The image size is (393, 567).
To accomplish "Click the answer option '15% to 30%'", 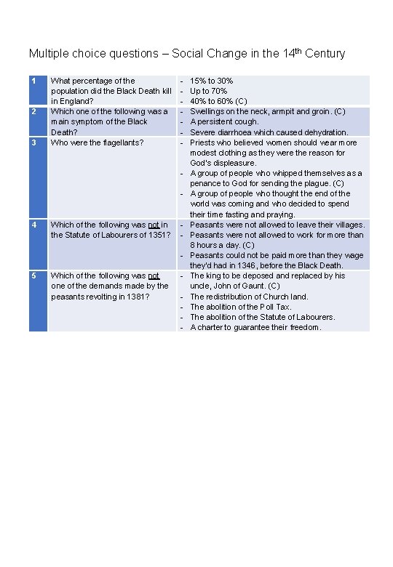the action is point(211,81).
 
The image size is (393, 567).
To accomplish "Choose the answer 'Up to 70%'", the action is point(208,91).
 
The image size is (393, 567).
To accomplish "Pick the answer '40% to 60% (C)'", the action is point(218,101).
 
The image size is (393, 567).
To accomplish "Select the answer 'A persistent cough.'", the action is point(225,122).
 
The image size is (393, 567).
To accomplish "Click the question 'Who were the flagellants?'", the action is point(97,142).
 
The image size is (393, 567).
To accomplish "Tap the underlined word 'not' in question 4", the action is point(153,225).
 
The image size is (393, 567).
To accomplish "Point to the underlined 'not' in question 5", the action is point(154,276).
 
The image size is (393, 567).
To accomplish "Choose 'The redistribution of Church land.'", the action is point(249,297).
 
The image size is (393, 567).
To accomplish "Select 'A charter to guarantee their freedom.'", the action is point(255,327).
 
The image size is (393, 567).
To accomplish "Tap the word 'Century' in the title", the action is point(325,54).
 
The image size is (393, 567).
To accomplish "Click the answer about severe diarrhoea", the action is point(269,132).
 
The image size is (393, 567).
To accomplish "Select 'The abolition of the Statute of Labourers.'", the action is point(262,317).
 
